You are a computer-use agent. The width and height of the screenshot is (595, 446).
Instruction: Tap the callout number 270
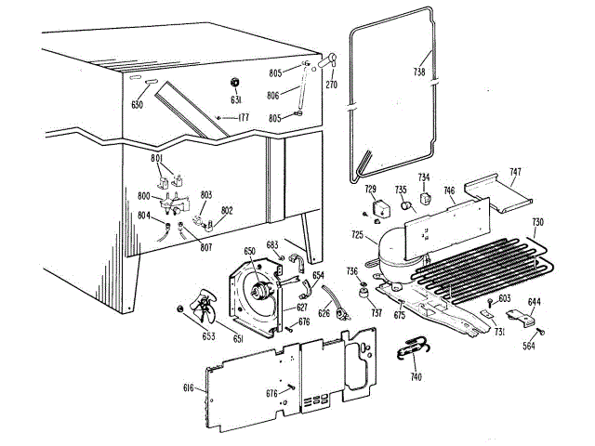pos(331,85)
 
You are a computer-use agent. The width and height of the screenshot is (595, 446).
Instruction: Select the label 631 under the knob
pos(236,100)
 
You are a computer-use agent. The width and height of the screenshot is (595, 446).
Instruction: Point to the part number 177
pos(243,117)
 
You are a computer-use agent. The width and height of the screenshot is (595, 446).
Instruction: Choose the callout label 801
pos(157,159)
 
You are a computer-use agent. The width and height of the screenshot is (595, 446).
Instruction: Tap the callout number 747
pos(515,173)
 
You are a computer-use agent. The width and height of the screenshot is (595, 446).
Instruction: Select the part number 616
pos(188,387)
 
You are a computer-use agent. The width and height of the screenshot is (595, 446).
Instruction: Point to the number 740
pos(415,377)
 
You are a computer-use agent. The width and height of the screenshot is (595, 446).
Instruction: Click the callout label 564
pos(528,346)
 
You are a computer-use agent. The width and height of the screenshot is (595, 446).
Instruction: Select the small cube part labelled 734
pos(425,197)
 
